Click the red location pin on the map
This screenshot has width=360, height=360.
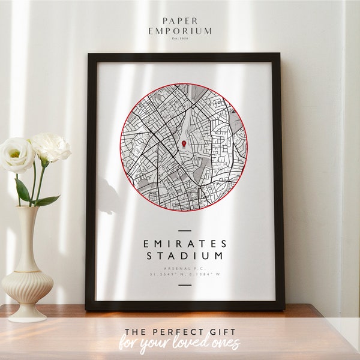(184, 145)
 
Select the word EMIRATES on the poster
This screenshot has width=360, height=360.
(185, 244)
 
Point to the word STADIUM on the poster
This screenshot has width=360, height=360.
(185, 256)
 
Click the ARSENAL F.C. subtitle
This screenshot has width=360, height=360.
(185, 267)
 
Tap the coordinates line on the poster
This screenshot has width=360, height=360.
(185, 274)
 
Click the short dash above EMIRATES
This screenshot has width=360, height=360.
(185, 230)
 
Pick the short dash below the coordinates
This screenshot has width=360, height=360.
(185, 284)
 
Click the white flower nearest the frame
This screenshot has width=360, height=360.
(52, 146)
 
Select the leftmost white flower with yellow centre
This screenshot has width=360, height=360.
(16, 155)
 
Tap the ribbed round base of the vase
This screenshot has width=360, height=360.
(26, 287)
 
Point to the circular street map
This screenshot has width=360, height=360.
(184, 148)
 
